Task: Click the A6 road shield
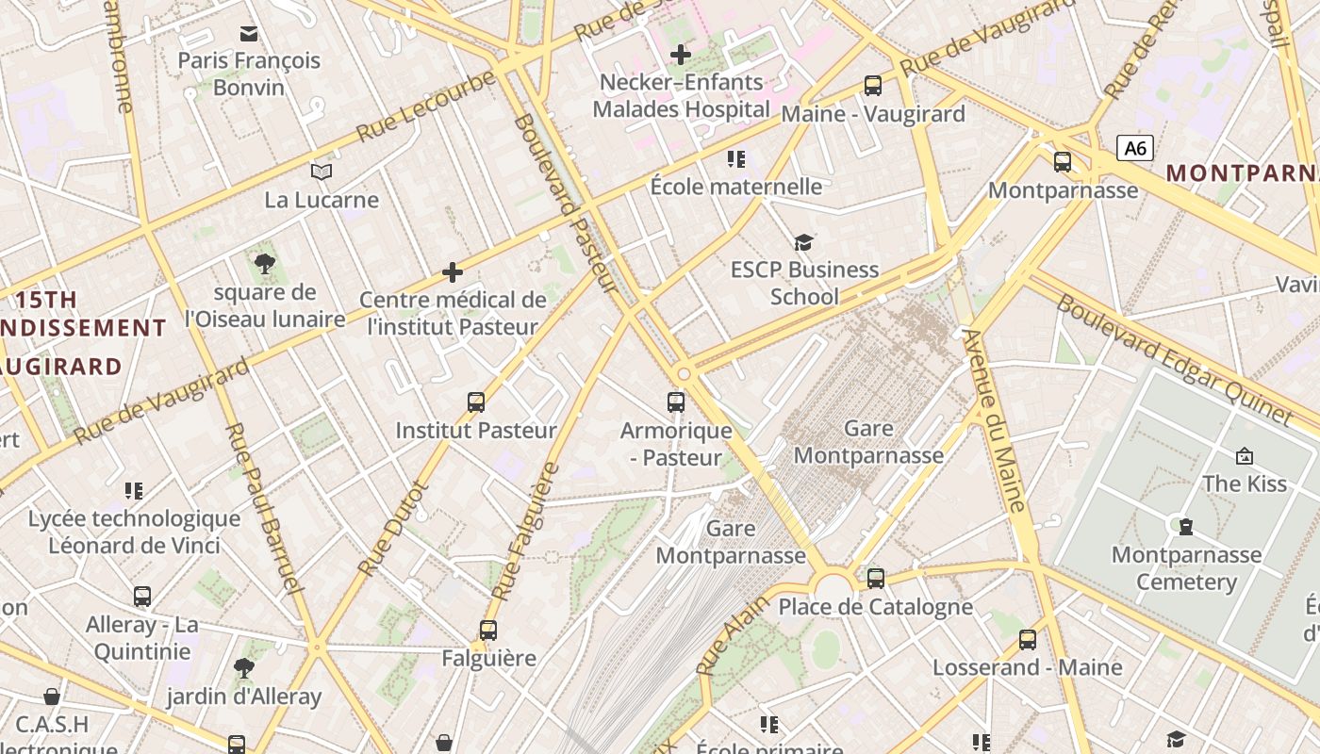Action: click(1135, 148)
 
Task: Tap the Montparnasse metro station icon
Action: click(1063, 162)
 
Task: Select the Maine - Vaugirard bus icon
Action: click(873, 86)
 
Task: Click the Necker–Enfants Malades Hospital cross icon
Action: click(679, 55)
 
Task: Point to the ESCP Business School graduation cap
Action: click(802, 243)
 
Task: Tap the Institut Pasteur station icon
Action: click(476, 402)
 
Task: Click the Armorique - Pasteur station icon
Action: click(676, 402)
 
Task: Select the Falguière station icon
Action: click(487, 631)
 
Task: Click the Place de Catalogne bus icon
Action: click(876, 578)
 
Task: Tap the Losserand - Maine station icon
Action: click(1027, 640)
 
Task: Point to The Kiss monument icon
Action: click(1244, 456)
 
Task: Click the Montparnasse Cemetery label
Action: click(1186, 568)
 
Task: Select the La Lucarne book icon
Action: click(322, 172)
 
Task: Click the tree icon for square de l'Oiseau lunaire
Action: click(265, 264)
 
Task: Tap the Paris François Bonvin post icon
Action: click(249, 34)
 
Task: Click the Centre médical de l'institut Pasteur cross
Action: click(453, 272)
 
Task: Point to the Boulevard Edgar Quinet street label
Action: click(1173, 360)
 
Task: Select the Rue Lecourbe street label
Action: click(427, 107)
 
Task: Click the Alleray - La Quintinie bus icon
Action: click(142, 597)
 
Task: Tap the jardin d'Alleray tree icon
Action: click(244, 669)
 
